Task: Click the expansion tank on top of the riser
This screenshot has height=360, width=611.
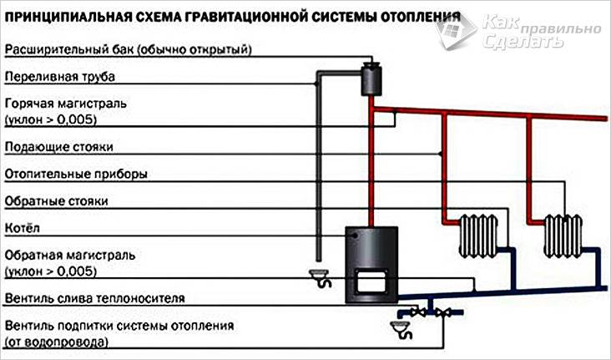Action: click(x=370, y=79)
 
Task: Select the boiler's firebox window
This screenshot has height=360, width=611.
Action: click(x=366, y=280)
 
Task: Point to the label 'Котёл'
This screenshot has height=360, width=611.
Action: click(x=22, y=227)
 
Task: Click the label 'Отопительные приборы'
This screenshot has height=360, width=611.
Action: click(x=76, y=175)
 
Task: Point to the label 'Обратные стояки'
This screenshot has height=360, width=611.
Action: click(x=56, y=201)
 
